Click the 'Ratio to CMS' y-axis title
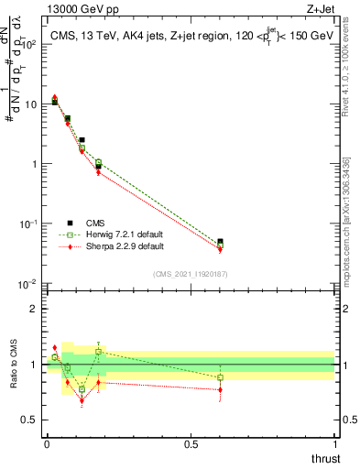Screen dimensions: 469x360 (x=14, y=364)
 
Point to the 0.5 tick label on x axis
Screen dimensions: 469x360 (x=191, y=443)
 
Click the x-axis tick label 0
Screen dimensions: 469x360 (x=47, y=443)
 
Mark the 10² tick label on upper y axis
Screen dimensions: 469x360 (x=28, y=44)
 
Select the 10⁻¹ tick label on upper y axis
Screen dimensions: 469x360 (x=28, y=224)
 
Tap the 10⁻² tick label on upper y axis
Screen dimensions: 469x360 (x=28, y=284)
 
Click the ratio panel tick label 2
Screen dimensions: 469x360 (x=34, y=309)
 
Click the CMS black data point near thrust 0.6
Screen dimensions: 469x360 (x=220, y=242)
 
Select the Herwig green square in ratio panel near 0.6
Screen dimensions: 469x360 (x=220, y=377)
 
